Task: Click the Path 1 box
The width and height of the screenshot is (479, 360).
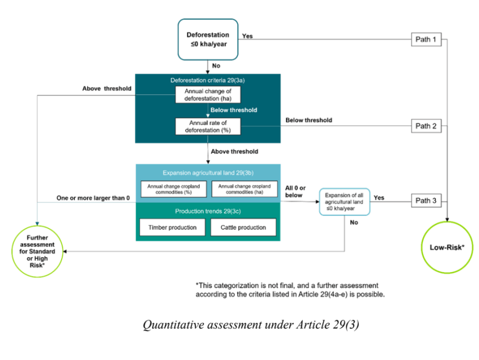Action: pos(426,40)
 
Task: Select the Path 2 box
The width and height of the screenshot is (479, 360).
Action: pos(426,126)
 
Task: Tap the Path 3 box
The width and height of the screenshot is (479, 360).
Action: pos(426,201)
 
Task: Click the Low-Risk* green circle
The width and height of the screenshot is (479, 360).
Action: pos(447,247)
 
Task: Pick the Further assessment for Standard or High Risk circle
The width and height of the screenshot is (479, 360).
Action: pos(37,251)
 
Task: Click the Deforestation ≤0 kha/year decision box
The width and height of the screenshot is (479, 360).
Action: pos(208,40)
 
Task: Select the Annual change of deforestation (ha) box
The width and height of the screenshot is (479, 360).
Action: pos(208,95)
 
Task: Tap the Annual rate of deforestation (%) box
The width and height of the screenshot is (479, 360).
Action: pos(208,126)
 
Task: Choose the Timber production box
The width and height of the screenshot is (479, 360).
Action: pos(172,227)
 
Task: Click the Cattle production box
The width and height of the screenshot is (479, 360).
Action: pos(243,227)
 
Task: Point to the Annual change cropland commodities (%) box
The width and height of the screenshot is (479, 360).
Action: pos(173,189)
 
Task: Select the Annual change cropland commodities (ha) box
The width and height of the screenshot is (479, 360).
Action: pos(244,189)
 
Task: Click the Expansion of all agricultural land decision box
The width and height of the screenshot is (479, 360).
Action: pos(344,202)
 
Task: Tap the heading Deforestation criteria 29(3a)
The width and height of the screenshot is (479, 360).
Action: pos(208,80)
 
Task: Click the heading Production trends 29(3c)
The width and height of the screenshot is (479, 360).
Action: pos(208,211)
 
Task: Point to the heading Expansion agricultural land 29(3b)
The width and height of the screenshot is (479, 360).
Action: pos(208,173)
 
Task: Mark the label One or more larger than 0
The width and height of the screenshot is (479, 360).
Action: pos(93,198)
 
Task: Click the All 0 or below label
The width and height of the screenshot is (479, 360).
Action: pos(295,191)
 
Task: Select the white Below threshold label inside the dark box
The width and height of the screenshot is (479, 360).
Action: pos(234,110)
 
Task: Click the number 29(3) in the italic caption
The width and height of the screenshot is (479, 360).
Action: pos(346,325)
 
